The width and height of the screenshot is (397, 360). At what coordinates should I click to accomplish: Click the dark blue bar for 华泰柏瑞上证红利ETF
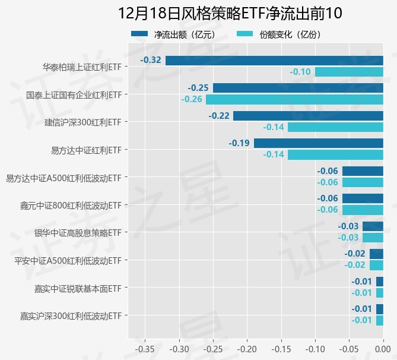click(x=274, y=60)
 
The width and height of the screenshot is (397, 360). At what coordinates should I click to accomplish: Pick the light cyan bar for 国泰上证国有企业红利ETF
click(x=294, y=99)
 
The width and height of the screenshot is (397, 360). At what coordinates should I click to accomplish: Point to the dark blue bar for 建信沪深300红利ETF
click(x=308, y=115)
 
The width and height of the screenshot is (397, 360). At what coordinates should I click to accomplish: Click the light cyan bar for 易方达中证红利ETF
click(x=335, y=154)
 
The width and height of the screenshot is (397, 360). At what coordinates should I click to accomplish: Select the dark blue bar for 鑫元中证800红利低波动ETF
click(x=363, y=198)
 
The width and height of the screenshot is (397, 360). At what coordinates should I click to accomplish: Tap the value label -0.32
click(x=151, y=60)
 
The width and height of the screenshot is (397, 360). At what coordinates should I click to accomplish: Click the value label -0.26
click(x=192, y=99)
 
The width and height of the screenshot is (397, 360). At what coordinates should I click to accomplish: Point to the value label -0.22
click(x=219, y=115)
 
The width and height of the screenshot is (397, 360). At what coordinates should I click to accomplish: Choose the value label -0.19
click(x=239, y=143)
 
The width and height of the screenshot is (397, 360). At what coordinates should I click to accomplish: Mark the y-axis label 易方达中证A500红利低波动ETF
click(x=63, y=177)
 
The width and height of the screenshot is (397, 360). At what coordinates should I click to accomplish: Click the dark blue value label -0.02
click(x=355, y=254)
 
